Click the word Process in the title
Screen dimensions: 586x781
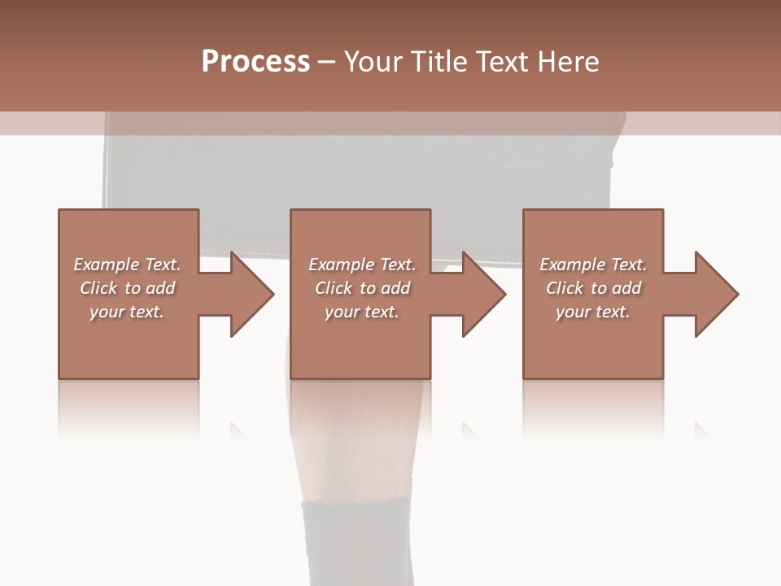(255, 61)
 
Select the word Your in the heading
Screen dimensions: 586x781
(373, 62)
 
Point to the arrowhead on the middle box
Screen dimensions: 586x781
(484, 294)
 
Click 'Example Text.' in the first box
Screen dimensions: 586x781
(127, 265)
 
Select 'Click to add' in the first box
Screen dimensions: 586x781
(127, 288)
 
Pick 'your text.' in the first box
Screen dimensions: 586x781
(127, 312)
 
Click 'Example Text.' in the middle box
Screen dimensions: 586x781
(361, 265)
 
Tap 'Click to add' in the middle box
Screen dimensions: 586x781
(361, 288)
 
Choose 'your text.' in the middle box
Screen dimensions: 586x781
(361, 312)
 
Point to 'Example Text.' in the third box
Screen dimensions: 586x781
(593, 265)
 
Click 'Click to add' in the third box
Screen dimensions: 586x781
(593, 288)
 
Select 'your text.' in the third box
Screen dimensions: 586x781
(593, 312)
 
